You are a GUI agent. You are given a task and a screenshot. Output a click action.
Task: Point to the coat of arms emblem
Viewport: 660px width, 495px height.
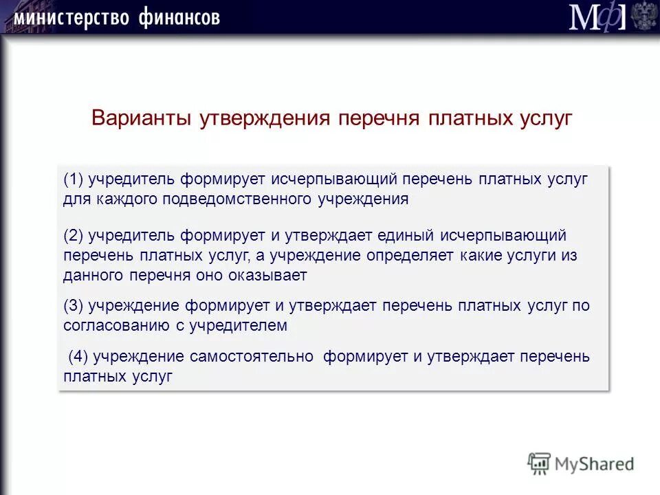coord(644,16)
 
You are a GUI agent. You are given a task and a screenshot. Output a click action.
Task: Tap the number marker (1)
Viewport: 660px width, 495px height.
coord(73,179)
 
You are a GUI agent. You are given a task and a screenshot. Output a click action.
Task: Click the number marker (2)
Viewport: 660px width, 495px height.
coord(73,235)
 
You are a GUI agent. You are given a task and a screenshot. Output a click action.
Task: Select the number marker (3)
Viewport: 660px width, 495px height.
coord(73,305)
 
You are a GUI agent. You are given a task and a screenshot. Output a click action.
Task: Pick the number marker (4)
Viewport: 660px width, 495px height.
coord(78,357)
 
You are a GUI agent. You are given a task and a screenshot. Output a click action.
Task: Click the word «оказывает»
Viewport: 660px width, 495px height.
coord(268,275)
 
